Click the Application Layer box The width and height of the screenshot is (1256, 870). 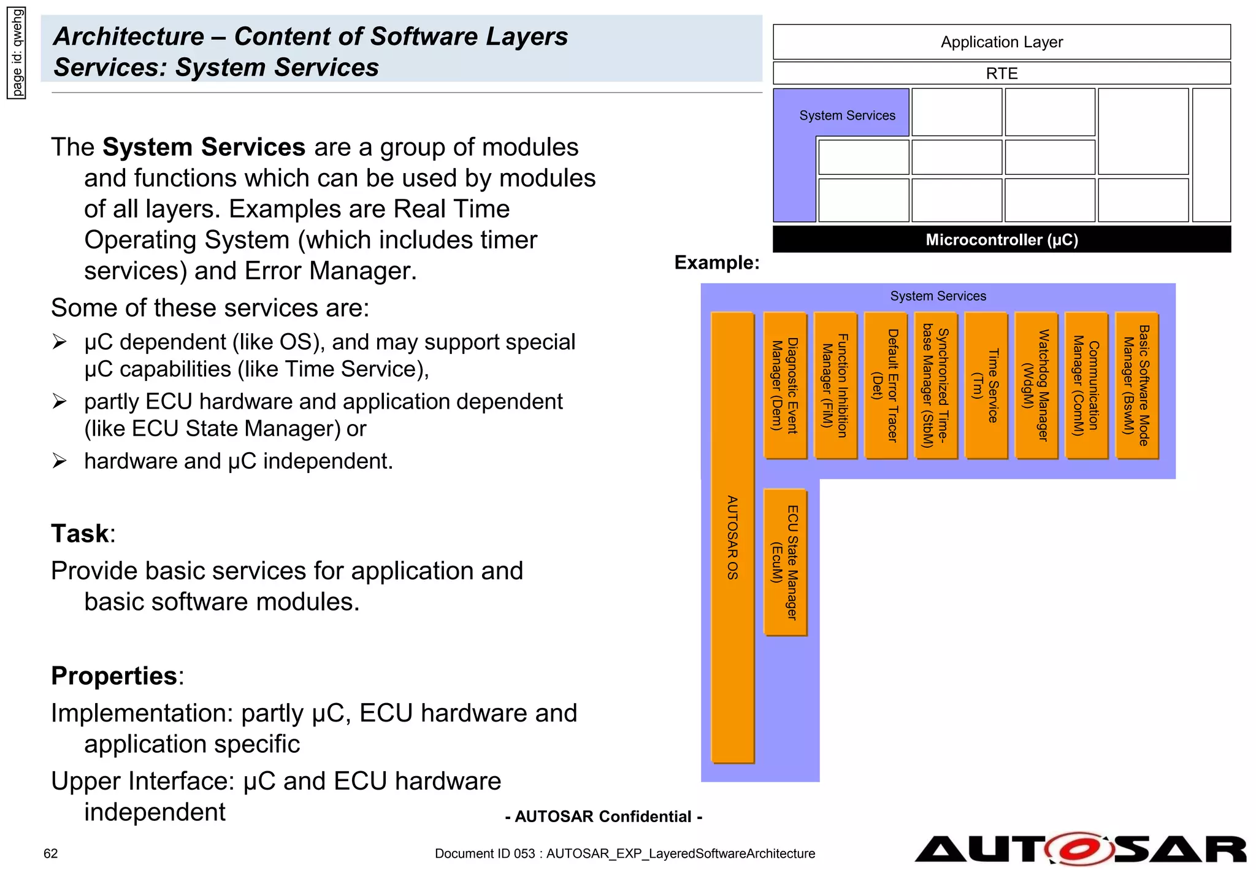tap(1001, 42)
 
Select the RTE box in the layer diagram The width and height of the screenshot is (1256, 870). tap(1001, 73)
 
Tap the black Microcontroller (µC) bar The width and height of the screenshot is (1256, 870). tap(1001, 239)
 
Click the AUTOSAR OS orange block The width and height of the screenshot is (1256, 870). tap(732, 537)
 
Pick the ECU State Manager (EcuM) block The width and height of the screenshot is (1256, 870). tap(785, 562)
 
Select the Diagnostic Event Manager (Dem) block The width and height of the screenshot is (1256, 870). tap(785, 385)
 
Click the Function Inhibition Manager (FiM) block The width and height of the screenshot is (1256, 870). tap(835, 385)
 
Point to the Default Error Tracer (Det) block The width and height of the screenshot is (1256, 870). tap(885, 385)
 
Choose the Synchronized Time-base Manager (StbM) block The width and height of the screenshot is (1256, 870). tap(935, 385)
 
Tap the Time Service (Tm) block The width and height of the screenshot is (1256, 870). tap(986, 385)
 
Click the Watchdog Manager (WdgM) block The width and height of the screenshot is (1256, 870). tap(1036, 385)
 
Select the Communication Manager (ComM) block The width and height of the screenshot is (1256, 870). tap(1086, 385)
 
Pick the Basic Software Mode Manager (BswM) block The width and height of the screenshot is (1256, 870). tap(1136, 385)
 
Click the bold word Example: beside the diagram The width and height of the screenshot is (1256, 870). tap(716, 263)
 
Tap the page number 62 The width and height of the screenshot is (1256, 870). tap(50, 853)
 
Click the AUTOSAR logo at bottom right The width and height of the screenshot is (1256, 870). tap(1080, 849)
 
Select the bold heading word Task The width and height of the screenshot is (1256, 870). tap(80, 533)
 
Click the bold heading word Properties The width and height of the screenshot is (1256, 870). tap(114, 676)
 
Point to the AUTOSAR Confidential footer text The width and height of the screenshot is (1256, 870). tap(603, 817)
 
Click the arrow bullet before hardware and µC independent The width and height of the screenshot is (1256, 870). tap(59, 461)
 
